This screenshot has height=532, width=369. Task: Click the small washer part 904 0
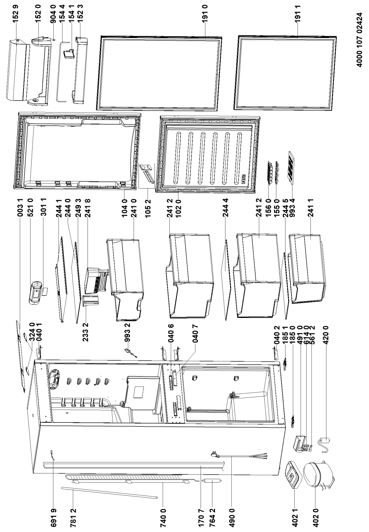(x=54, y=39)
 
